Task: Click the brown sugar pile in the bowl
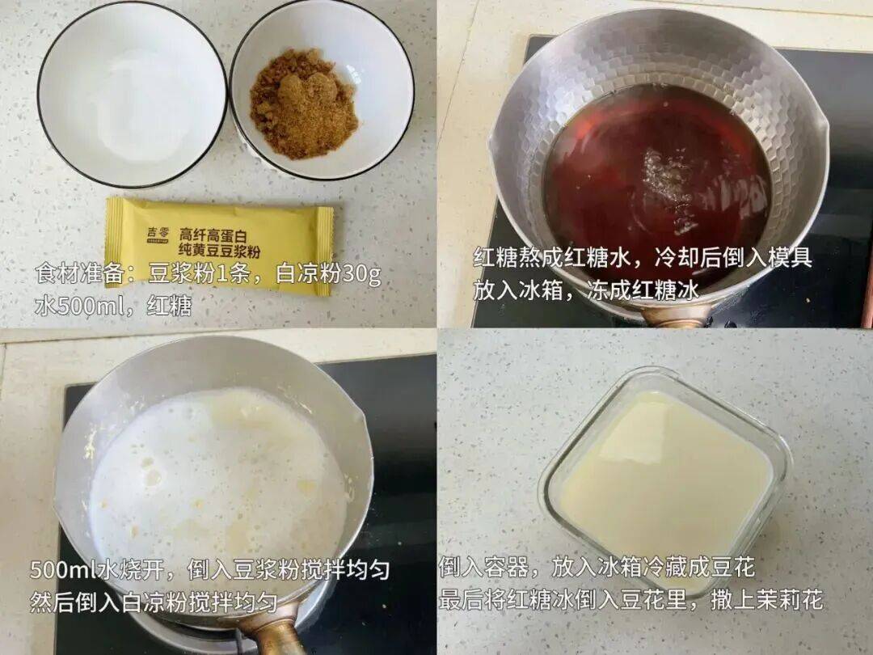pos(303,112)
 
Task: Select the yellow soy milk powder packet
pos(218,243)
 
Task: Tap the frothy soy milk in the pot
pos(218,477)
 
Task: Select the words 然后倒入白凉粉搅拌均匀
pos(154,602)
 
